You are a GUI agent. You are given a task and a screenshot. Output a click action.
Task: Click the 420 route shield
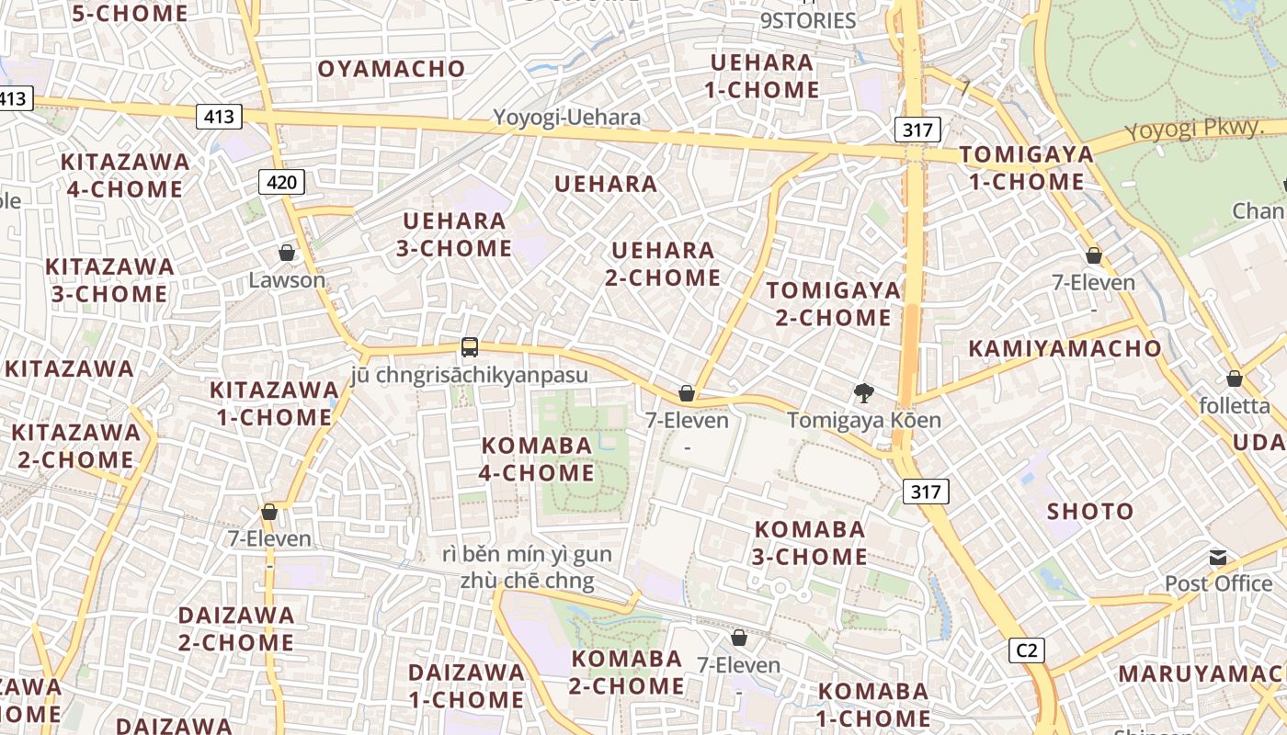click(x=281, y=183)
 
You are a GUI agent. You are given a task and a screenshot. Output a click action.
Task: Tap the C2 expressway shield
click(x=1027, y=650)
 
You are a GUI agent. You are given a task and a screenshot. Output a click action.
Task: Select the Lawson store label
click(x=287, y=280)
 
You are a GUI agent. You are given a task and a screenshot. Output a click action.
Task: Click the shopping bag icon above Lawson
click(x=287, y=253)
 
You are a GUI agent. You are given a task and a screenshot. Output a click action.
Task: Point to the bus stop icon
click(x=470, y=347)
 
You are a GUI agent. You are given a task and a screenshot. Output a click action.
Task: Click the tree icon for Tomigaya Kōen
click(x=863, y=393)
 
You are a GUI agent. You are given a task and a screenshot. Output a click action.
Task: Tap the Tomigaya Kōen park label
click(x=864, y=421)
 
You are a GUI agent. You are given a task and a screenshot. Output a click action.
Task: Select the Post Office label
click(x=1218, y=583)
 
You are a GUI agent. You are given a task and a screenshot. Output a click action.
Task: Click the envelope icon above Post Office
click(x=1218, y=558)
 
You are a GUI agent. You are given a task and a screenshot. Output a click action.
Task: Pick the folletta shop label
click(x=1235, y=405)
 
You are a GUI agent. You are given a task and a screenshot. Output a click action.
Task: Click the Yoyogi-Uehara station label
click(x=567, y=118)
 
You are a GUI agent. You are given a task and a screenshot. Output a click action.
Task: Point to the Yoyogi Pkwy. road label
click(x=1194, y=129)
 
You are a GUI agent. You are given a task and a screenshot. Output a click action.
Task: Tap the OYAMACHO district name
click(x=392, y=69)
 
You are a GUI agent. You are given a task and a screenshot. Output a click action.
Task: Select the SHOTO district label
click(x=1090, y=512)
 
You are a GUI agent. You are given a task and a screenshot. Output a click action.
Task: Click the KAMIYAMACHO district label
click(x=1065, y=349)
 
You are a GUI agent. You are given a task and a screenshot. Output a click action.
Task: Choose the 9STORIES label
click(x=808, y=20)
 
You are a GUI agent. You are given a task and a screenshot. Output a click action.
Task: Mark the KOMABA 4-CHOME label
click(x=538, y=459)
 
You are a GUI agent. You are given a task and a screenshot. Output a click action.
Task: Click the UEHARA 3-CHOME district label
click(x=454, y=234)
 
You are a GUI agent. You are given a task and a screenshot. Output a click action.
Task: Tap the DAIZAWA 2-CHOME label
click(x=236, y=628)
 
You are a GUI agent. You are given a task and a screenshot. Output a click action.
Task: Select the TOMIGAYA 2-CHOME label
click(x=834, y=304)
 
